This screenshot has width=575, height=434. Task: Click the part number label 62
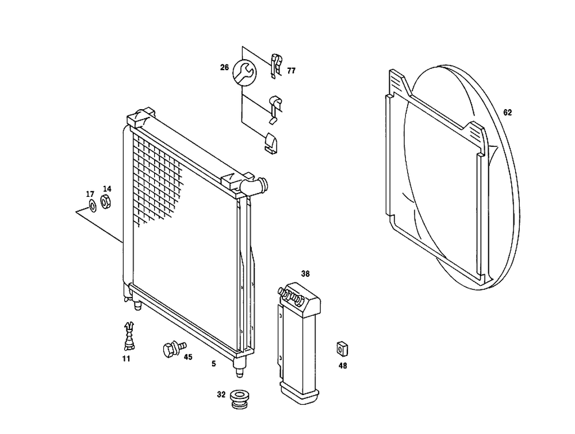pyautogui.click(x=507, y=113)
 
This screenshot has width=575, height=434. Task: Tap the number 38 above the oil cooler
pyautogui.click(x=305, y=274)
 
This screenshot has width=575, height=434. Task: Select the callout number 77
pyautogui.click(x=292, y=71)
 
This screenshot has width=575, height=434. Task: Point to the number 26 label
pyautogui.click(x=224, y=68)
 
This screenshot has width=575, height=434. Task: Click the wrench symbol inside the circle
pyautogui.click(x=243, y=72)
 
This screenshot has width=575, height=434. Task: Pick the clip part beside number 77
pyautogui.click(x=275, y=64)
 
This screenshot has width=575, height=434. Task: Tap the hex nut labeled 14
pyautogui.click(x=106, y=201)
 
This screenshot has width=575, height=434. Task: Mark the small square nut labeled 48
pyautogui.click(x=342, y=348)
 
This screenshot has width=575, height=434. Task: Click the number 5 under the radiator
pyautogui.click(x=213, y=363)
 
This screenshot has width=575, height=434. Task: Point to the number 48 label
pyautogui.click(x=343, y=365)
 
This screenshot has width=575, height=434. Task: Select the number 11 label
pyautogui.click(x=126, y=359)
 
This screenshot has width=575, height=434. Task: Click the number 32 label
pyautogui.click(x=221, y=394)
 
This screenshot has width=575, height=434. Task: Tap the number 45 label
pyautogui.click(x=187, y=356)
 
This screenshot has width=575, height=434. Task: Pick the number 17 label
pyautogui.click(x=90, y=193)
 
